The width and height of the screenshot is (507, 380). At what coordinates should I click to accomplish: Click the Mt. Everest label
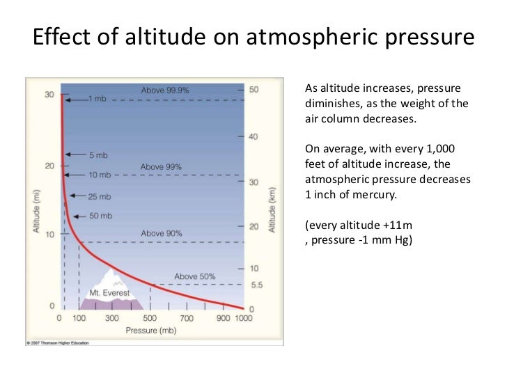click(110, 294)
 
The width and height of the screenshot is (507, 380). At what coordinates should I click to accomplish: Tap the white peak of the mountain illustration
click(111, 277)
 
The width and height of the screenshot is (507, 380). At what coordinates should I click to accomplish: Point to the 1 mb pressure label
click(97, 99)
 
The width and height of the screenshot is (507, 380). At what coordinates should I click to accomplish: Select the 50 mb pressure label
click(100, 216)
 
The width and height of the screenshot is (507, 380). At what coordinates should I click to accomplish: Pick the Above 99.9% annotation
click(165, 90)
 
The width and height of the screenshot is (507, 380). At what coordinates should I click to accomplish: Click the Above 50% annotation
click(195, 276)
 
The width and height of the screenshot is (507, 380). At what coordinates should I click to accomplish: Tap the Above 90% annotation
click(162, 233)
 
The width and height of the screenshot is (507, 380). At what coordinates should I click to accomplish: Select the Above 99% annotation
click(161, 167)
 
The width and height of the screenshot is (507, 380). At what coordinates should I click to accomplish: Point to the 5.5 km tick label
click(256, 285)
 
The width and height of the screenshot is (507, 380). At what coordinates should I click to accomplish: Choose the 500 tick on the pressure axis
click(150, 319)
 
